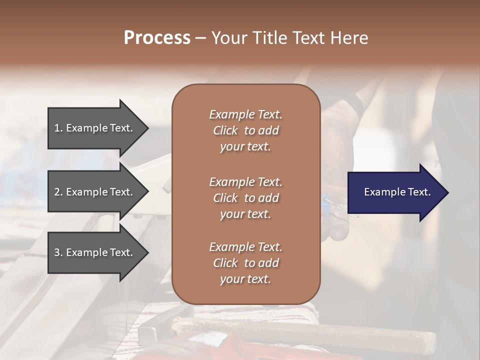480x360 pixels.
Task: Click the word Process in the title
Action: click(x=157, y=38)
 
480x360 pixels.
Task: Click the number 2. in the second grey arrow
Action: click(x=58, y=192)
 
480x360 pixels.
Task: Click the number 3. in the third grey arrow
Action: click(x=58, y=252)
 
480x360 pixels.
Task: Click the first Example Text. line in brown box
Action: click(x=245, y=114)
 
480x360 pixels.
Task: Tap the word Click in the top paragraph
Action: click(x=225, y=130)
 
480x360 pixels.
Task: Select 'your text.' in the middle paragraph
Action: click(x=245, y=214)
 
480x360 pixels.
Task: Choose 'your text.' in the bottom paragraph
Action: click(x=245, y=279)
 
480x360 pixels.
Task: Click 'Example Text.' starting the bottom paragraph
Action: click(x=245, y=247)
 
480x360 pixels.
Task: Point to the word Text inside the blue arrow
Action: click(x=418, y=192)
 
